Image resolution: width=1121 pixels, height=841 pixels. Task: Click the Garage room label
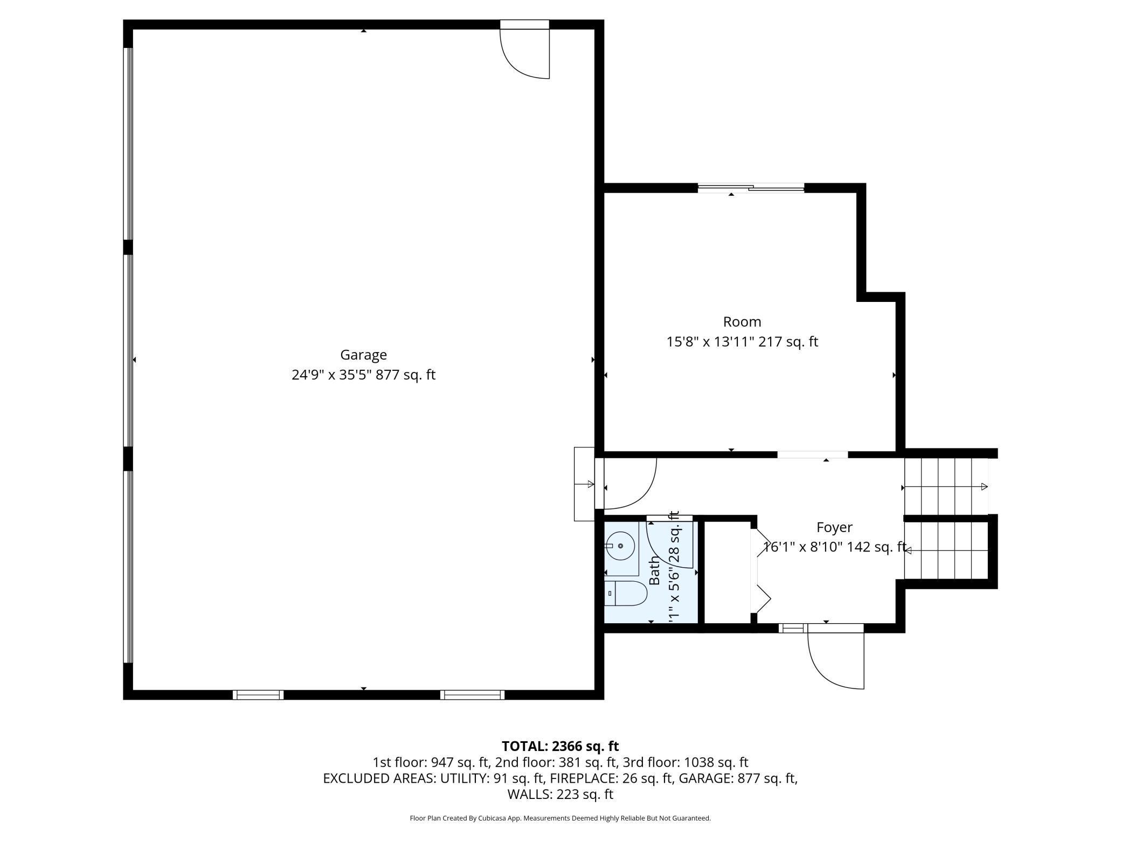[x=363, y=355]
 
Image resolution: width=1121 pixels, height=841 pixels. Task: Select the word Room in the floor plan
[x=742, y=322]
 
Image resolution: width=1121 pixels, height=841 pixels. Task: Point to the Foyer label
[x=834, y=527]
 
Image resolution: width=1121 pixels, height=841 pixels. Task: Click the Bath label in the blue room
[x=654, y=570]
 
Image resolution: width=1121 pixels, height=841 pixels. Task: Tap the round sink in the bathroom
[x=620, y=546]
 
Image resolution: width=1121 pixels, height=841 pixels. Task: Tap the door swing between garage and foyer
[x=628, y=485]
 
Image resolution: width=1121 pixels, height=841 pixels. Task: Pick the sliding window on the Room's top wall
[x=751, y=188]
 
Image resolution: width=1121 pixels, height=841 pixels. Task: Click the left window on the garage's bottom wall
[x=258, y=695]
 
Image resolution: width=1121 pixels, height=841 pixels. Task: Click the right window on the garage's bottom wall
[x=473, y=695]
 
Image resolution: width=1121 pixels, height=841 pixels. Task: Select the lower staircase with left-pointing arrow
[x=946, y=550]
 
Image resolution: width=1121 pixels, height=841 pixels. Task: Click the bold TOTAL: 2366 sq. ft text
[x=560, y=746]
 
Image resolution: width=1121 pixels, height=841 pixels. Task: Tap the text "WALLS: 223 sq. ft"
[x=560, y=794]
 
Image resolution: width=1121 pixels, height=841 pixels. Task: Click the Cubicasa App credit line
[x=560, y=818]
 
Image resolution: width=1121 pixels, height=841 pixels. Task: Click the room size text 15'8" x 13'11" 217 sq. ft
[x=742, y=342]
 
